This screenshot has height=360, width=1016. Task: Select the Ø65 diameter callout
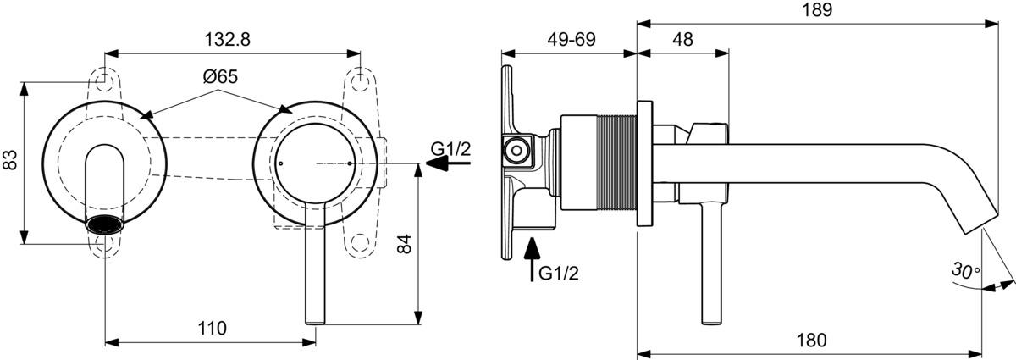(x=219, y=76)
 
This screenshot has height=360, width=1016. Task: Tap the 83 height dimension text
(x=11, y=160)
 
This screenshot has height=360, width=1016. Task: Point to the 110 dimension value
(x=213, y=328)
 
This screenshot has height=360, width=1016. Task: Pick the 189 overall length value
(x=816, y=10)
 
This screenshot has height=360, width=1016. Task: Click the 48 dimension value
(x=682, y=39)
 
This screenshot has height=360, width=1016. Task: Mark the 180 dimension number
(x=811, y=341)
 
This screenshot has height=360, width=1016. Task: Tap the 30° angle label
(x=964, y=272)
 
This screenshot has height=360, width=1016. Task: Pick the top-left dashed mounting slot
(x=104, y=79)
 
